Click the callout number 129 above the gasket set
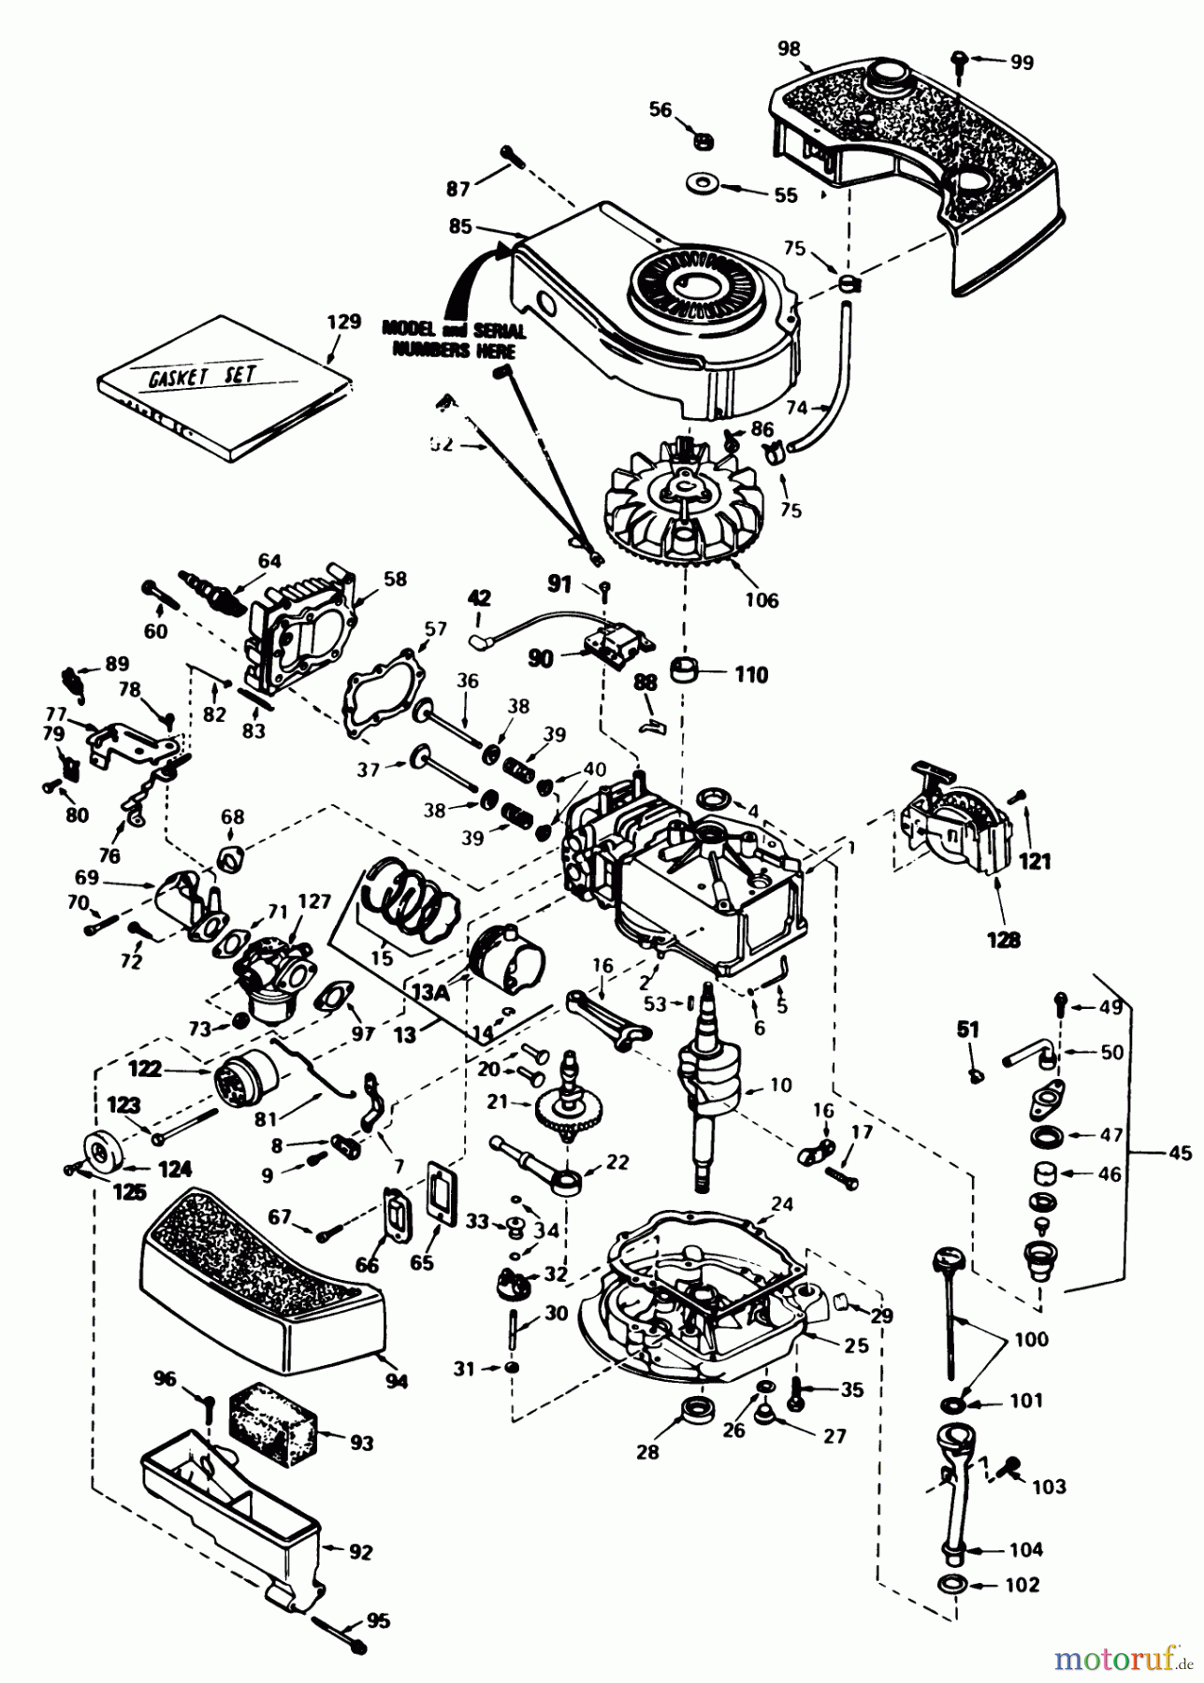coord(343,322)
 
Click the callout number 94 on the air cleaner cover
coord(397,1380)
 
